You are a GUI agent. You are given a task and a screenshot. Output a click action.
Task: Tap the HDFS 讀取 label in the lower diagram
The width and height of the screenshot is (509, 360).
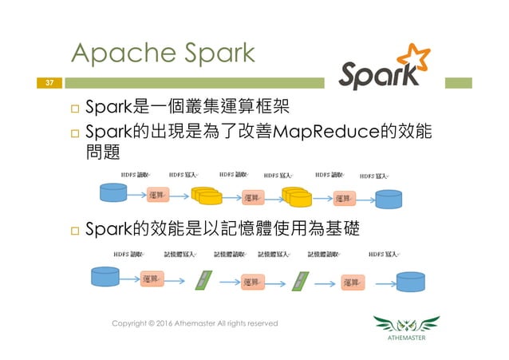click(x=128, y=255)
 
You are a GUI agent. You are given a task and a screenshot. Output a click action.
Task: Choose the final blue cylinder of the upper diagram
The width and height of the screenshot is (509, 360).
click(x=390, y=197)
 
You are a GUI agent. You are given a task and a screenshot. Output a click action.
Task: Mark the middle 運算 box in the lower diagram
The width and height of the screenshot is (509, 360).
click(x=252, y=281)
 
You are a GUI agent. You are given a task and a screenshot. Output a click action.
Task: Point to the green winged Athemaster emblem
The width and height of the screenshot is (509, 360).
click(x=407, y=325)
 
